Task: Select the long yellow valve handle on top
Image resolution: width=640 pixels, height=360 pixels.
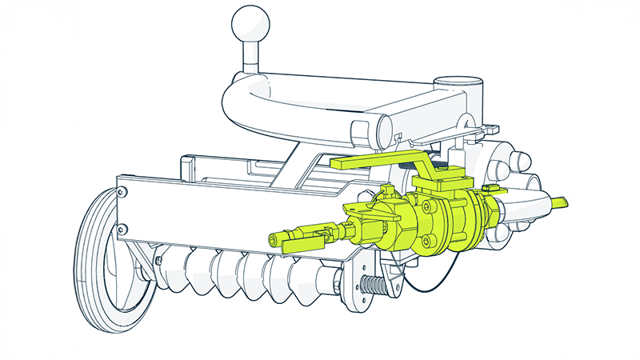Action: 376,161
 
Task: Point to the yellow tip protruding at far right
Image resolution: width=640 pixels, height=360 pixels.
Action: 560,202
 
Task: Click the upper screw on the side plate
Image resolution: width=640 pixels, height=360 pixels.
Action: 122,192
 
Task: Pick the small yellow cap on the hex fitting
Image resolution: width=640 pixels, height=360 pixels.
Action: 387,190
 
